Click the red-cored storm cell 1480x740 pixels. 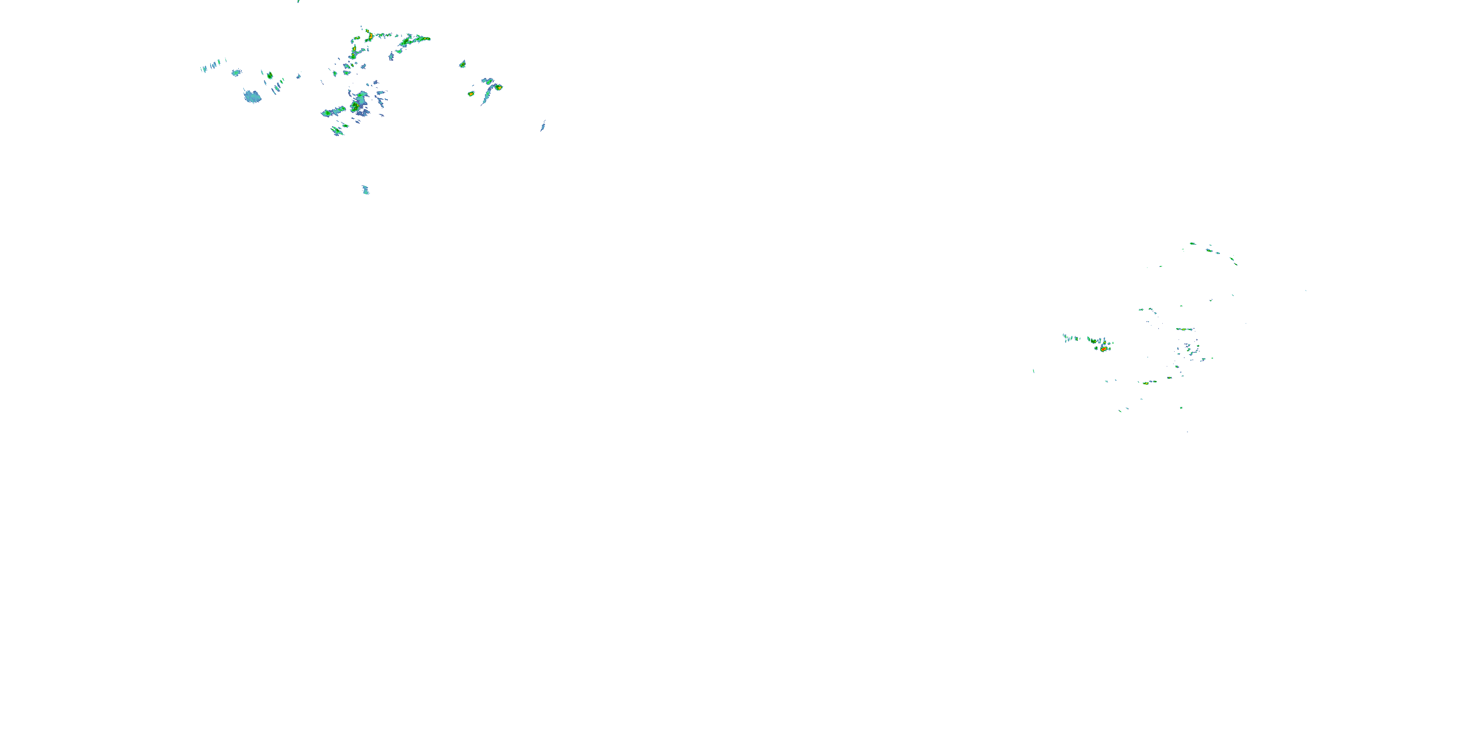click(1104, 349)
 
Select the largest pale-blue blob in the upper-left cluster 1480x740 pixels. click(252, 97)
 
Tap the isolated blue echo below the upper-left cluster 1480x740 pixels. click(366, 189)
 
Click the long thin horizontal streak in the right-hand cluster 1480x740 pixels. click(1184, 329)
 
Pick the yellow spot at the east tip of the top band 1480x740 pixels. click(426, 38)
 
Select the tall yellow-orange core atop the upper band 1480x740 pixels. click(370, 36)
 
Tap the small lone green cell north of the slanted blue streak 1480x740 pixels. click(463, 64)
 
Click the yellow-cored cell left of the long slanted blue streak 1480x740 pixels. click(471, 93)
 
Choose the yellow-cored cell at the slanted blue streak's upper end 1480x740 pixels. click(499, 87)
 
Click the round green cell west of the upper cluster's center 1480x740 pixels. click(269, 75)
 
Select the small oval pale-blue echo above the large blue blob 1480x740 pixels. click(235, 73)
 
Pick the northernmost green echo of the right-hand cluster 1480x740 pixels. click(1193, 244)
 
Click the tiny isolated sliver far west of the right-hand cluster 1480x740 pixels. click(1034, 370)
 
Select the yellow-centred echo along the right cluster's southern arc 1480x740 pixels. click(1146, 383)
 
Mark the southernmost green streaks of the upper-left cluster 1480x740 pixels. click(337, 132)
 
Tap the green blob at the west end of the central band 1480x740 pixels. click(327, 113)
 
